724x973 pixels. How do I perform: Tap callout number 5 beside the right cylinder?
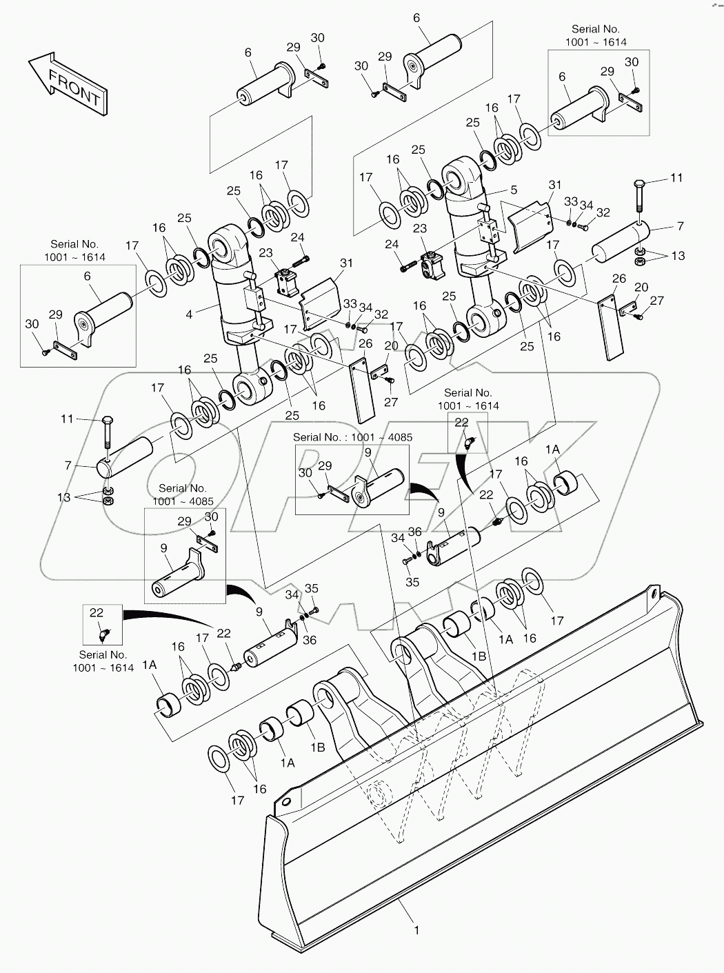(514, 190)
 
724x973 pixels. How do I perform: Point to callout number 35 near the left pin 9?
(312, 588)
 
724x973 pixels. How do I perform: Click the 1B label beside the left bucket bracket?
(318, 746)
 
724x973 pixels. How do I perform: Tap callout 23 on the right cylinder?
(420, 228)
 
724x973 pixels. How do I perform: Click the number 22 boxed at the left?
(97, 612)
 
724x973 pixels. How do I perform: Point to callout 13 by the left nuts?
(63, 496)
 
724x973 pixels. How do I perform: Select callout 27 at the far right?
(656, 301)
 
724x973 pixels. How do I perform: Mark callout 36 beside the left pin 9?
(310, 640)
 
